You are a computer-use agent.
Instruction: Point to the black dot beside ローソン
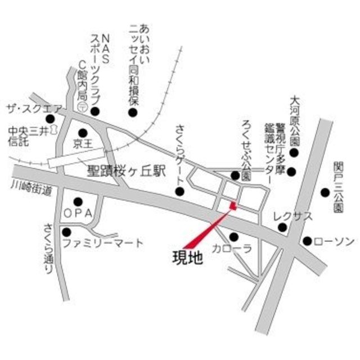tap(307, 241)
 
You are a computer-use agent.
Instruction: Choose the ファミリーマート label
tap(111, 244)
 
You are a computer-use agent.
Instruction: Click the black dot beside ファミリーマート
tap(67, 231)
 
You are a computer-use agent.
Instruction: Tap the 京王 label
tap(83, 144)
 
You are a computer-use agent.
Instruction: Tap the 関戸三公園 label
tap(337, 186)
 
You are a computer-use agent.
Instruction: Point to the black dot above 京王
tap(83, 133)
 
